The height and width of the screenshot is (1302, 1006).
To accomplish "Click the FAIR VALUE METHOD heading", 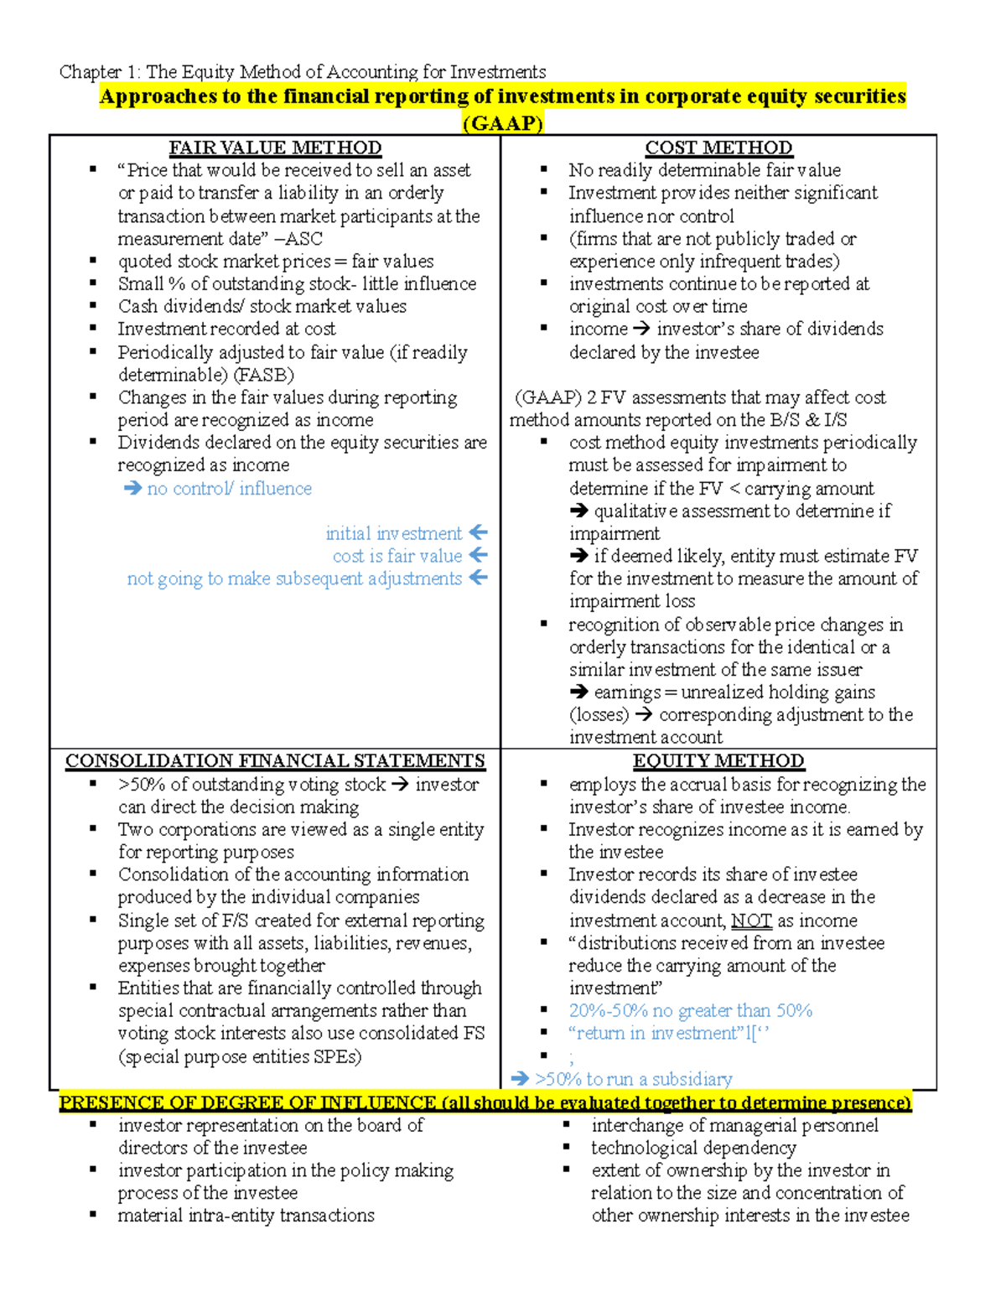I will (x=275, y=148).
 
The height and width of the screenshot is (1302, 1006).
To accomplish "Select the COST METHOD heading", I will (x=718, y=148).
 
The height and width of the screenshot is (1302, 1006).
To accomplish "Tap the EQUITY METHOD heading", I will (x=718, y=761).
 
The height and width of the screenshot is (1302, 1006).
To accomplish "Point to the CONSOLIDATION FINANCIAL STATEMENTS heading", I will (x=275, y=761).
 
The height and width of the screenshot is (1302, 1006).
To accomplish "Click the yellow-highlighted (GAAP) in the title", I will (x=503, y=123).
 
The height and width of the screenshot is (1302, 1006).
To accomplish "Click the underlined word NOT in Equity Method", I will (x=751, y=921).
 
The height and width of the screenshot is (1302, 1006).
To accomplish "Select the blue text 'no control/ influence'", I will (x=229, y=489).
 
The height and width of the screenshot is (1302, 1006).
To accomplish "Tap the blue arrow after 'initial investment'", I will (x=479, y=532).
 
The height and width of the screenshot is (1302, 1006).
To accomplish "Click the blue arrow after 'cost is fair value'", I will (x=479, y=555).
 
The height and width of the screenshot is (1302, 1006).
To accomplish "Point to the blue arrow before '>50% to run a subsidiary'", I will (x=520, y=1079).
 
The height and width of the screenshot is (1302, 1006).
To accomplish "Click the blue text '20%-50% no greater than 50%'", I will (x=690, y=1011).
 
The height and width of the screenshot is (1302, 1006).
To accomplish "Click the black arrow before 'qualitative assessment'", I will (x=578, y=511).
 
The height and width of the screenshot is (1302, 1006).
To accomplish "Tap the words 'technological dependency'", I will (x=693, y=1148).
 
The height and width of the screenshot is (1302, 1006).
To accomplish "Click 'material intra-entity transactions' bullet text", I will (x=246, y=1216).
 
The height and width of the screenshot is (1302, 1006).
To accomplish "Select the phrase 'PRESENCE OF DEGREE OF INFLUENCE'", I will (x=247, y=1102).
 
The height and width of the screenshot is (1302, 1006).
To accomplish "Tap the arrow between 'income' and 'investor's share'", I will (x=641, y=329).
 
